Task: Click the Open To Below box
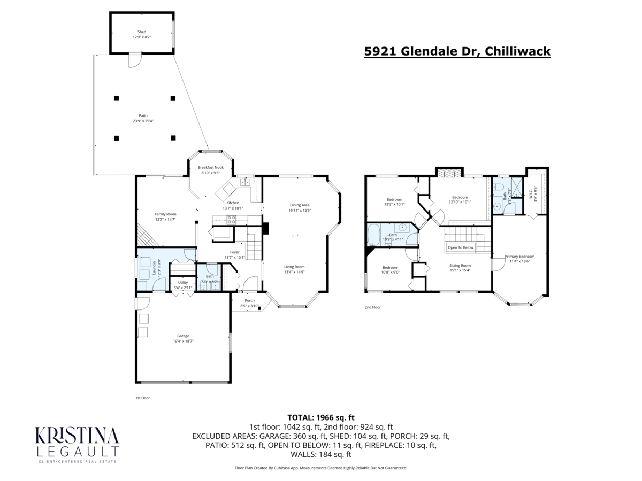[x=461, y=247]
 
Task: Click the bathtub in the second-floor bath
[x=373, y=234]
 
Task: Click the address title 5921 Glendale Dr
[x=457, y=51]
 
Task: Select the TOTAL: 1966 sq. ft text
[x=321, y=417]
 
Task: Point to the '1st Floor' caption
[x=142, y=398]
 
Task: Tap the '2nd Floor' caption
[x=372, y=308]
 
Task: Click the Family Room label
[x=165, y=216]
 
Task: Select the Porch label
[x=249, y=303]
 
